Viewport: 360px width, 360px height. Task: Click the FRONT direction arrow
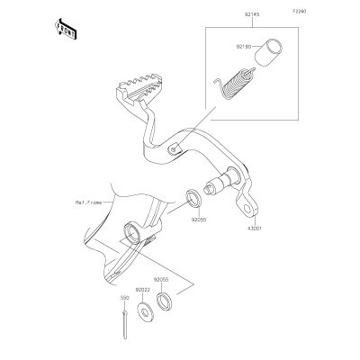coord(65,29)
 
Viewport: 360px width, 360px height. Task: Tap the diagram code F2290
coord(300,12)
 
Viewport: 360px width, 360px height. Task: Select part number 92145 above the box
coord(252,14)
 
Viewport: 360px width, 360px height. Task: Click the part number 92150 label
coord(243,47)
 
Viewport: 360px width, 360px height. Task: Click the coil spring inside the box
coord(235,84)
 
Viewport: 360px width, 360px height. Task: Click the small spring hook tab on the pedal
coord(175,148)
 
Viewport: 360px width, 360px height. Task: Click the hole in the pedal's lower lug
coord(247,208)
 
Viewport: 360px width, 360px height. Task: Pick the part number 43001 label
coord(255,229)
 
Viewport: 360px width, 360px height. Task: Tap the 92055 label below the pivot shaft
coord(199,220)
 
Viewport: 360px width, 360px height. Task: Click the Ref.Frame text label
coord(88,202)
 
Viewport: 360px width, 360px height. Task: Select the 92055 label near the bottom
coord(161,279)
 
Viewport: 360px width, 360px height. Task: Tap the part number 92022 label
coord(142,290)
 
